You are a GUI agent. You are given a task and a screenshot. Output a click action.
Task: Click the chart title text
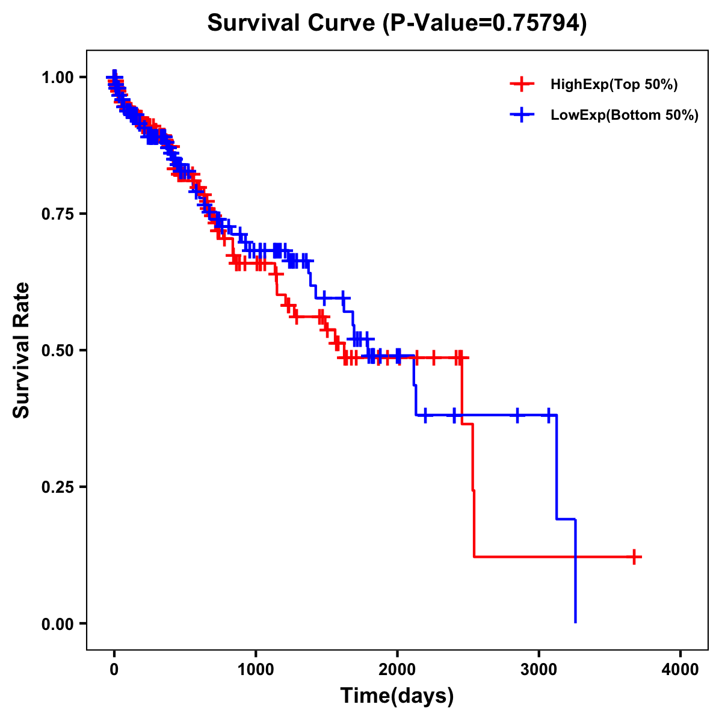coord(396,23)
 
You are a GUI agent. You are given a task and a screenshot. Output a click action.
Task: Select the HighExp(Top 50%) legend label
coord(614,85)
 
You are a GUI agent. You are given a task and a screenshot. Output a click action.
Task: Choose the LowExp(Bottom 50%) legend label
coord(625,116)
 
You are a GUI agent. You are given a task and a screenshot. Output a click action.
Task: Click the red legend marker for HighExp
coord(522,85)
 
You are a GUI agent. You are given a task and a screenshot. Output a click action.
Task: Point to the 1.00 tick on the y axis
coord(57,78)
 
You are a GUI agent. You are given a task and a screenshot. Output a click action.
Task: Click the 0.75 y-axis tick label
coord(57,214)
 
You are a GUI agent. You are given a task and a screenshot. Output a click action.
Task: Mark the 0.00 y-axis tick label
coord(57,624)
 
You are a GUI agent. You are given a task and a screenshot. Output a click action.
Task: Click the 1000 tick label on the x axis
coord(256,670)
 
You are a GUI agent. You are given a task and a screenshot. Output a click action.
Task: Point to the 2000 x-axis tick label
coord(397,670)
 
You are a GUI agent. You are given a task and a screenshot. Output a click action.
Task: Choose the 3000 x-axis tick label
coord(539,670)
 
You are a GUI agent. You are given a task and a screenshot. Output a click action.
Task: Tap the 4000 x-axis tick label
coord(680,670)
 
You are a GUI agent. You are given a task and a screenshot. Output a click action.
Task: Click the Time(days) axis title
coord(396,696)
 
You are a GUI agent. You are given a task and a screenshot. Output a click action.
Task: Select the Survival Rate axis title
coord(22,350)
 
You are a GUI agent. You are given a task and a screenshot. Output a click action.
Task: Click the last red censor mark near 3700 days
coord(634,557)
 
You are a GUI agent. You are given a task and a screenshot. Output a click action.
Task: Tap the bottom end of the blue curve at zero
coord(576,622)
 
